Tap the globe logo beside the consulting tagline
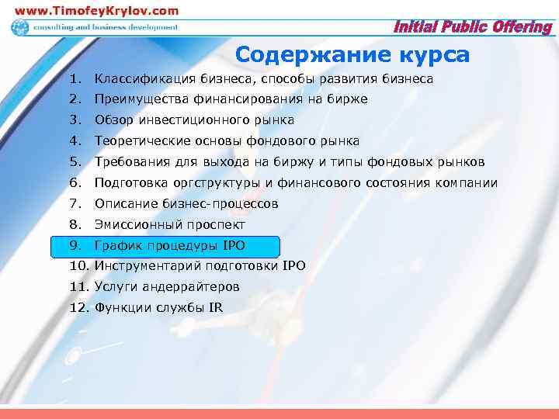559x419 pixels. [19, 28]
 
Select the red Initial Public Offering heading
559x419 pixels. [473, 28]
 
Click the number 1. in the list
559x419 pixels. [75, 79]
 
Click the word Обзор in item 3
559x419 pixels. [114, 120]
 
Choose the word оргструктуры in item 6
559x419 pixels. [207, 183]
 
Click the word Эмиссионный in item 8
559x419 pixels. [137, 225]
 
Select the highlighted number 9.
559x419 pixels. [75, 246]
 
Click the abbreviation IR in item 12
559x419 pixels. [215, 308]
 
